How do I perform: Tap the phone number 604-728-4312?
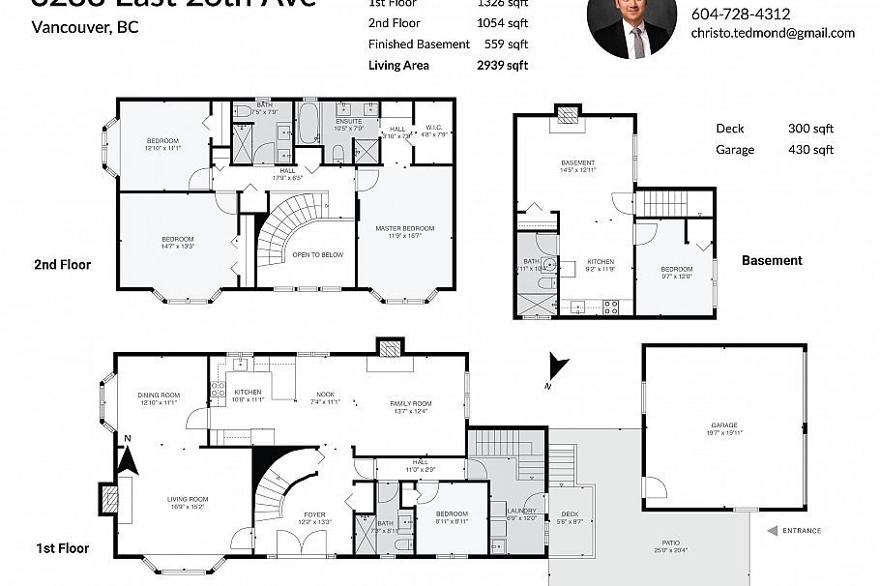(x=740, y=14)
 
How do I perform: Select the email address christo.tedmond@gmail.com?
(x=772, y=33)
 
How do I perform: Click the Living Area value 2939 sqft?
(x=503, y=66)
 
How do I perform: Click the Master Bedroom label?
(x=404, y=228)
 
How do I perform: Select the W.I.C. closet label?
(x=432, y=128)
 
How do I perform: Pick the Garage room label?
(x=723, y=425)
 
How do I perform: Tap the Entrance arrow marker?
(x=773, y=530)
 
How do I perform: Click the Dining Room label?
(x=160, y=395)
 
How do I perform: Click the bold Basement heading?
(x=772, y=261)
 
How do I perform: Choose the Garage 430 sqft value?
(x=810, y=150)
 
